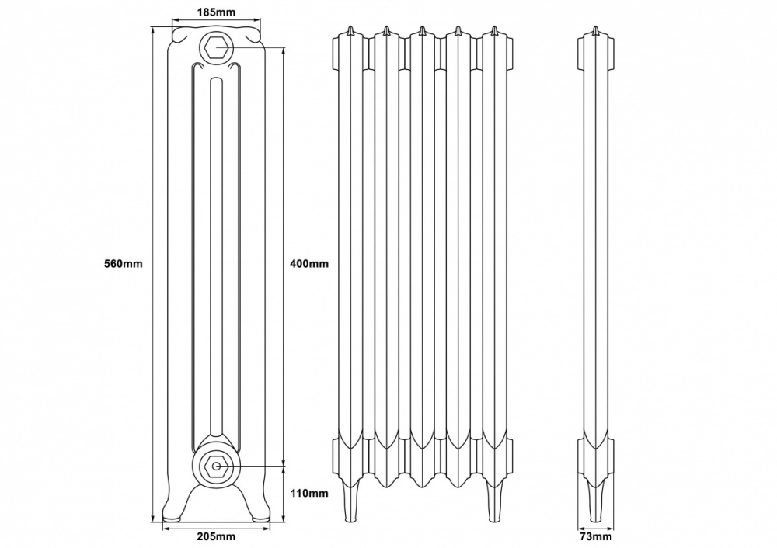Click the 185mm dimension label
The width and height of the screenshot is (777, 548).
[x=215, y=12]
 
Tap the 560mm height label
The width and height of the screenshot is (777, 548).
[x=124, y=263]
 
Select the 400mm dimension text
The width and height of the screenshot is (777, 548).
[x=308, y=263]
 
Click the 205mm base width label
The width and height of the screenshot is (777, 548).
[x=216, y=537]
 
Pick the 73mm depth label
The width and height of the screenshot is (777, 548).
[x=596, y=537]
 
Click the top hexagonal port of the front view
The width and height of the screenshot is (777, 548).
[x=216, y=47]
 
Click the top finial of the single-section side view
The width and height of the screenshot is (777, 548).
[x=595, y=31]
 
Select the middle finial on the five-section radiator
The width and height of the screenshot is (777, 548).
[x=421, y=30]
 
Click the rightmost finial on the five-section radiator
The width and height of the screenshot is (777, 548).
[x=493, y=30]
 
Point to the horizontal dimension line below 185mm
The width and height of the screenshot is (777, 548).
[x=215, y=22]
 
